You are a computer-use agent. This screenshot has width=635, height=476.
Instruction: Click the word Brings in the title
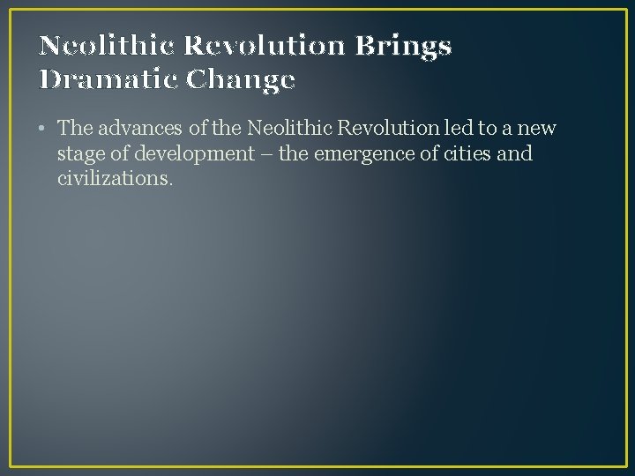pyautogui.click(x=404, y=47)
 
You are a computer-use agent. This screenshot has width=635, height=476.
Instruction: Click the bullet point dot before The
pyautogui.click(x=43, y=130)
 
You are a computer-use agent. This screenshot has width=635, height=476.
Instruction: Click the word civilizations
pyautogui.click(x=113, y=180)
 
